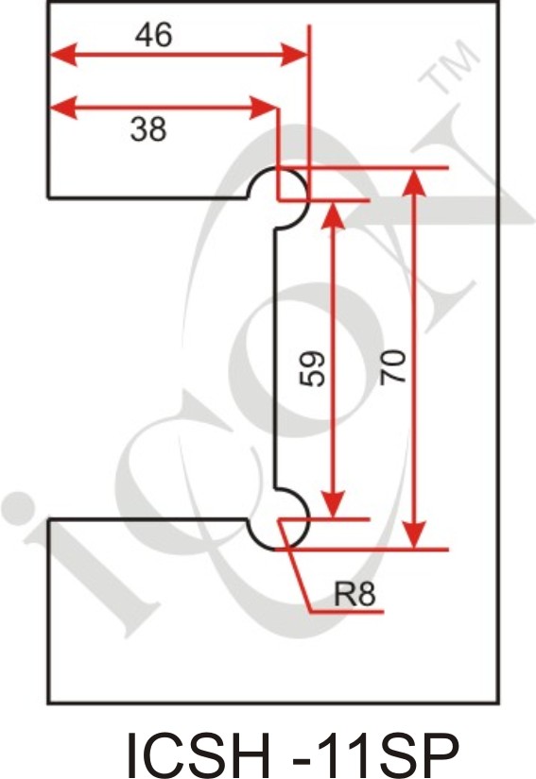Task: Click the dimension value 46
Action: click(154, 35)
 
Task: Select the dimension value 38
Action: click(148, 129)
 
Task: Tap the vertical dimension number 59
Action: click(312, 368)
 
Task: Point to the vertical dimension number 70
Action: click(393, 367)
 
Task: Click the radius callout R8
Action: click(354, 593)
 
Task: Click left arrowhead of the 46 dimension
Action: click(62, 54)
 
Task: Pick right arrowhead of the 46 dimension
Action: click(294, 54)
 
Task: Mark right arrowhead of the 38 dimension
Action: click(264, 108)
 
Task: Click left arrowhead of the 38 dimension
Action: click(62, 108)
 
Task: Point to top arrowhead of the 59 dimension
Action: click(333, 214)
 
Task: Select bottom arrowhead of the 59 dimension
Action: click(333, 505)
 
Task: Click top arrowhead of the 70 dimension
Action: click(414, 182)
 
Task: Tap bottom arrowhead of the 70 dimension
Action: click(414, 535)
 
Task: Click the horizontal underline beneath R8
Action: click(347, 612)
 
